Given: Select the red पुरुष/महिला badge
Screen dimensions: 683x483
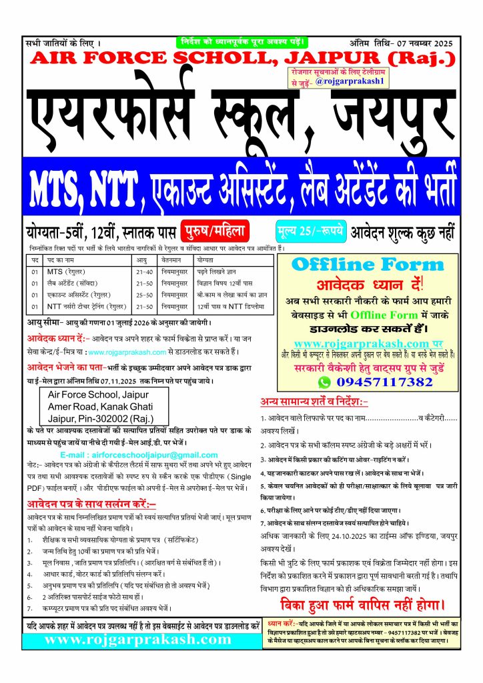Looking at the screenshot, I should click(x=213, y=231).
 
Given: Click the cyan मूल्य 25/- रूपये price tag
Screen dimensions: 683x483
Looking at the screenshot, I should click(x=310, y=231).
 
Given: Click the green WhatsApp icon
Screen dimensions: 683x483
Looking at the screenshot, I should click(x=324, y=382).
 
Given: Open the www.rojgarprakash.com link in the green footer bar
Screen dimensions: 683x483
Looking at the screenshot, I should click(x=137, y=639).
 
